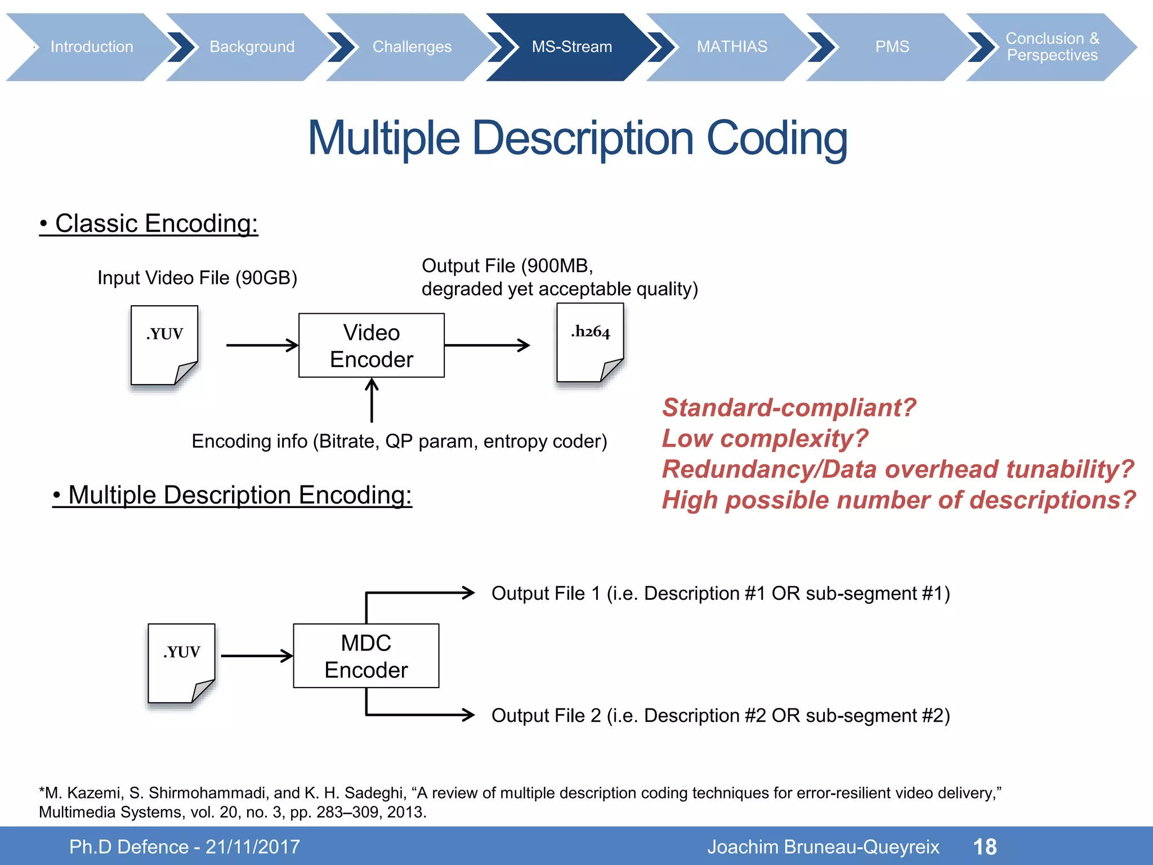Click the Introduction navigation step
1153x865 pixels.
point(92,47)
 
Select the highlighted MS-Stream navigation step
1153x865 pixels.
point(571,47)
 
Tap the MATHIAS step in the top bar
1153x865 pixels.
point(731,47)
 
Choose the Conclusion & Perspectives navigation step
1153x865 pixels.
point(1051,47)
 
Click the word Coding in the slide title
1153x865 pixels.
point(776,139)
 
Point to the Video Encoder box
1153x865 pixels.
point(371,345)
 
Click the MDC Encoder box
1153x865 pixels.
point(366,656)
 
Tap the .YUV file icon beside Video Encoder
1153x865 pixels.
point(164,346)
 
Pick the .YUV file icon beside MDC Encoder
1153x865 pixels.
point(181,663)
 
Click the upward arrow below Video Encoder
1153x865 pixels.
point(372,400)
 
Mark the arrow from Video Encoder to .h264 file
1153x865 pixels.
point(487,345)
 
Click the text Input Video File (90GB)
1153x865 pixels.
point(197,278)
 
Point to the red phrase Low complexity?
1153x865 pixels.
point(765,439)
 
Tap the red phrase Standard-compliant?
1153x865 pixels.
point(789,408)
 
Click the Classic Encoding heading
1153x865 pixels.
point(149,224)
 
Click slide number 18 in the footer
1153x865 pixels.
point(985,847)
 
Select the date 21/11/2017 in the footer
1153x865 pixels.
point(253,847)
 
